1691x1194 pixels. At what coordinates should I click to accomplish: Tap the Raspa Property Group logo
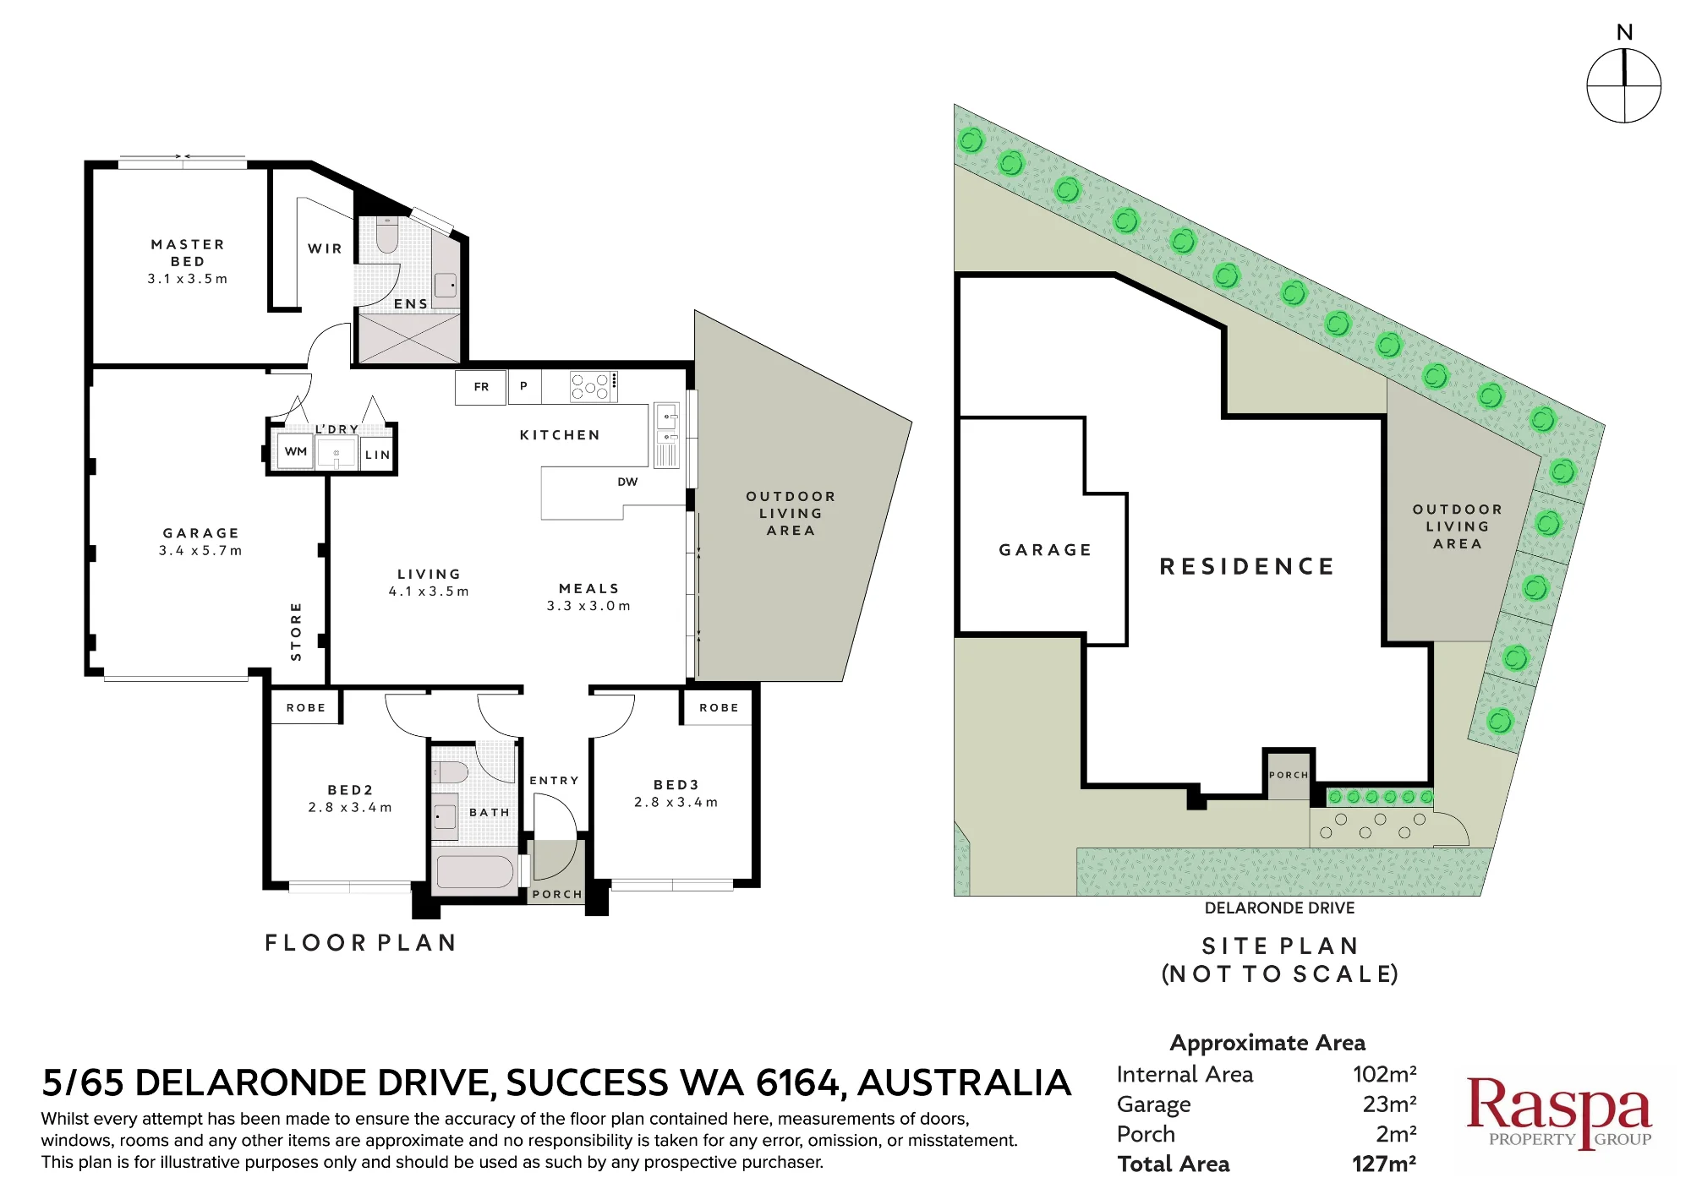coord(1558,1112)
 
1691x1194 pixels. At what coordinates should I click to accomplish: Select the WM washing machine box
coord(295,451)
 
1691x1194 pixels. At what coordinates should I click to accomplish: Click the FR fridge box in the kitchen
coord(481,387)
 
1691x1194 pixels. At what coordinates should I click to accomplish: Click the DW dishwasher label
coord(627,482)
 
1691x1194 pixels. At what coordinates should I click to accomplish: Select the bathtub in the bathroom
coord(475,872)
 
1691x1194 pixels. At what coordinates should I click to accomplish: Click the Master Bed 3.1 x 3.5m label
coord(188,261)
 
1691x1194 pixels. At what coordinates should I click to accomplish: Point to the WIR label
coord(326,248)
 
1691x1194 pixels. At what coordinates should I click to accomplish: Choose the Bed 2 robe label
coord(305,707)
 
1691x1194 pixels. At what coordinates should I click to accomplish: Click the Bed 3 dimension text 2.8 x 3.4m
coord(676,802)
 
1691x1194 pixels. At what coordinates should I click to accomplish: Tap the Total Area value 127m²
coord(1384,1164)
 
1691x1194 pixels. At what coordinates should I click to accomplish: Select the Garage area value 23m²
coord(1390,1104)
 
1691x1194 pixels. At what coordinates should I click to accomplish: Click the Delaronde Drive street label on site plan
coord(1279,908)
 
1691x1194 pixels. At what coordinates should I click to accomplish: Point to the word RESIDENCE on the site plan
coord(1247,566)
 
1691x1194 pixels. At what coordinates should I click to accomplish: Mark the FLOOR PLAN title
coord(361,943)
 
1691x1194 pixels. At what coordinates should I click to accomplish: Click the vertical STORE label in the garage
coord(296,631)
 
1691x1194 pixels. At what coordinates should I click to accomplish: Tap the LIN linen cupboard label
coord(378,455)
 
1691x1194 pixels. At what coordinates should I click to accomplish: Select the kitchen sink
coord(667,426)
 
